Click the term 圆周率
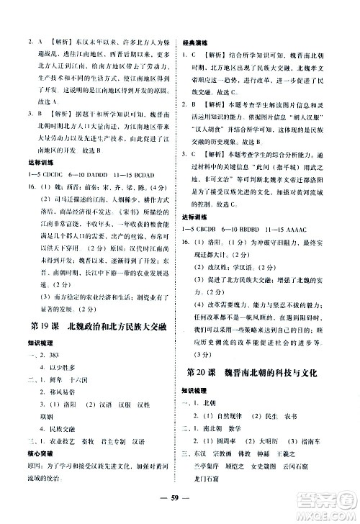coord(222,418)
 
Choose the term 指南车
coord(314,418)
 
